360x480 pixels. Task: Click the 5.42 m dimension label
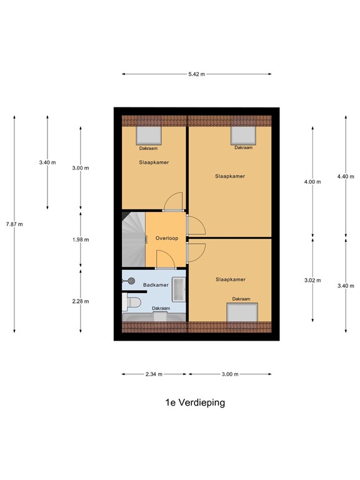pyautogui.click(x=197, y=74)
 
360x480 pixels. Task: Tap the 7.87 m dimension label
pyautogui.click(x=14, y=224)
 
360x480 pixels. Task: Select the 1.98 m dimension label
pyautogui.click(x=81, y=240)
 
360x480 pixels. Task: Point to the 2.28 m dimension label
pyautogui.click(x=81, y=301)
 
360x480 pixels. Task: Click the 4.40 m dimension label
pyautogui.click(x=346, y=177)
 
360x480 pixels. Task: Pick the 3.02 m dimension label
pyautogui.click(x=312, y=280)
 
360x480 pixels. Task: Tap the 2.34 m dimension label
pyautogui.click(x=154, y=374)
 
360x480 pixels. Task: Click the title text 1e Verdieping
pyautogui.click(x=195, y=402)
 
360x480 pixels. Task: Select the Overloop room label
pyautogui.click(x=167, y=238)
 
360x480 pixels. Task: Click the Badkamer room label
pyautogui.click(x=156, y=285)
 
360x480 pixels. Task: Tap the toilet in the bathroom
pyautogui.click(x=132, y=302)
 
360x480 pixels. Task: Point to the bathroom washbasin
pyautogui.click(x=179, y=289)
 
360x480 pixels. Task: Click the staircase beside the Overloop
pyautogui.click(x=134, y=239)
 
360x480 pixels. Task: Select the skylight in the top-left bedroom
pyautogui.click(x=149, y=136)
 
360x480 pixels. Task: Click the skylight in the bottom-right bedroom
pyautogui.click(x=242, y=312)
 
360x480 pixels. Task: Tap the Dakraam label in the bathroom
pyautogui.click(x=161, y=308)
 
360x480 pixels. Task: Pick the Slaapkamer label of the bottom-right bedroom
pyautogui.click(x=231, y=279)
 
